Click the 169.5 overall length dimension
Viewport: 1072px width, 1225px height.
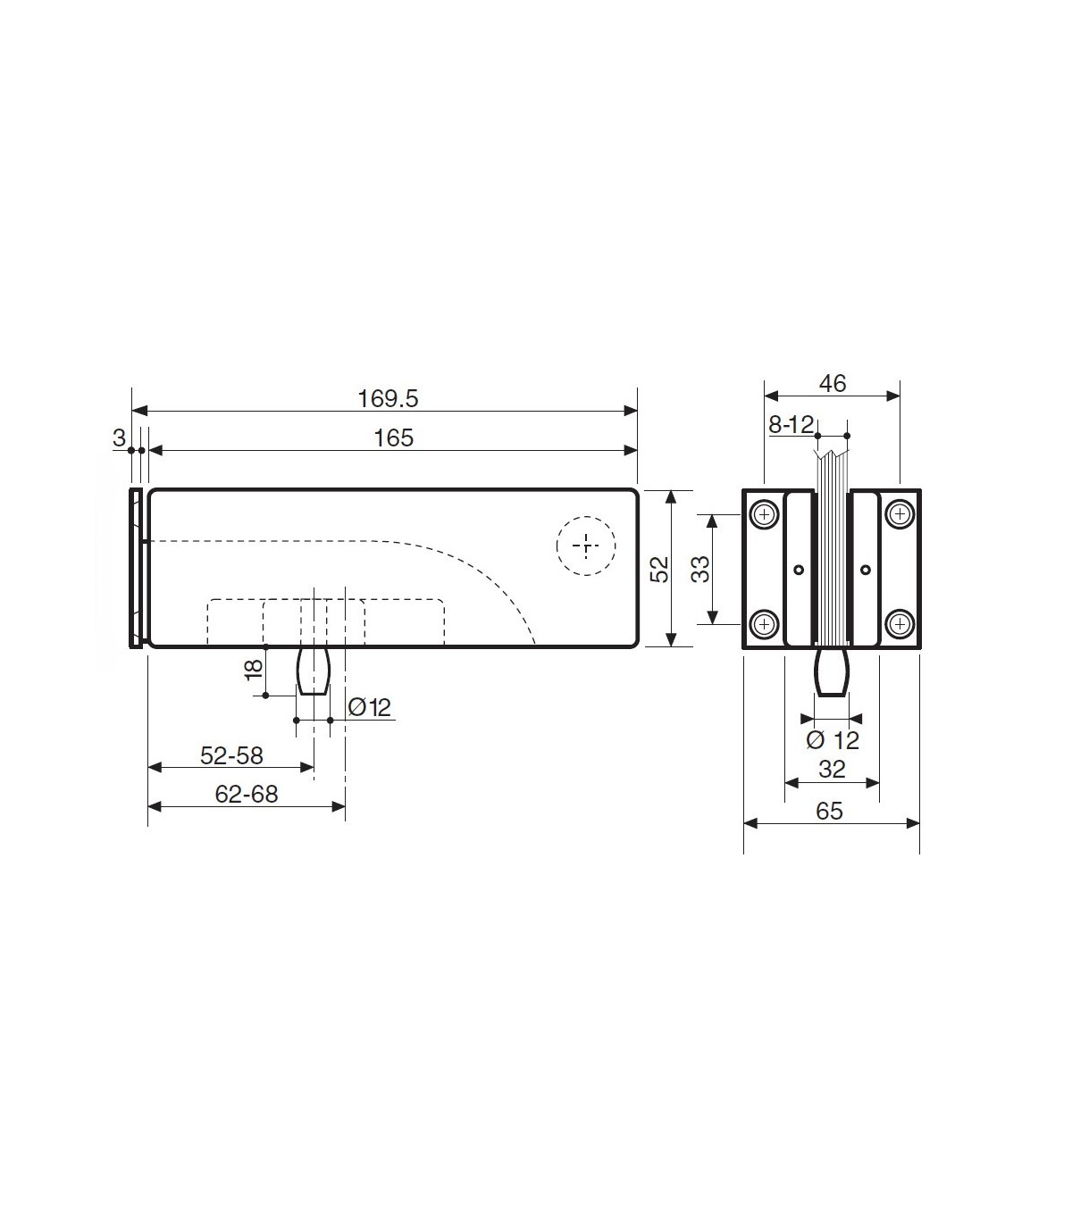(388, 399)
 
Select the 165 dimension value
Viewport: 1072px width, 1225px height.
(393, 438)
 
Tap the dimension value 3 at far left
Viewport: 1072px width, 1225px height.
(119, 438)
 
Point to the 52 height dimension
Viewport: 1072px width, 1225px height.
(659, 569)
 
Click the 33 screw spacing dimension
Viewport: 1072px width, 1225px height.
(700, 569)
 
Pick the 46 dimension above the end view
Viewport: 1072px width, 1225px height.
(833, 384)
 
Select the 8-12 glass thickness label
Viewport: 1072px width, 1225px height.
(791, 425)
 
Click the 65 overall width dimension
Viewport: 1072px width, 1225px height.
(829, 812)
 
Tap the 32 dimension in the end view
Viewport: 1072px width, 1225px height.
(832, 770)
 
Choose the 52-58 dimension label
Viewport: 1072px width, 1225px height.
(231, 755)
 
